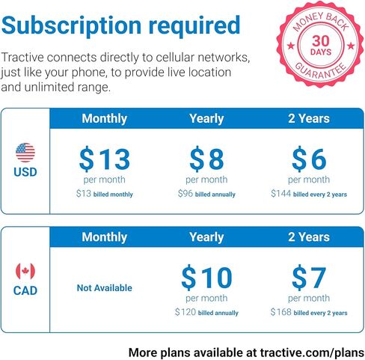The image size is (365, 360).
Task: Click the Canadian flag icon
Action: pyautogui.click(x=25, y=272)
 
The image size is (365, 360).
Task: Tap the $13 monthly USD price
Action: pyautogui.click(x=105, y=159)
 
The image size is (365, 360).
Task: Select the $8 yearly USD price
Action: pyautogui.click(x=206, y=159)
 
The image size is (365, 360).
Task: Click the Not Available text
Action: pyautogui.click(x=105, y=287)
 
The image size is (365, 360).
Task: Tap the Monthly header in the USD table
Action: pyautogui.click(x=105, y=119)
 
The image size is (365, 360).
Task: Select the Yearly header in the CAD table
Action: pyautogui.click(x=206, y=237)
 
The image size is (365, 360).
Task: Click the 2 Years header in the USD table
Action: pyautogui.click(x=309, y=119)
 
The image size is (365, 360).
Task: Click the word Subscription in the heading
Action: pyautogui.click(x=71, y=26)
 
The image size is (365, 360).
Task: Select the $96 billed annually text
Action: pyautogui.click(x=206, y=194)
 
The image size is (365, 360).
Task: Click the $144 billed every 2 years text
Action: pyautogui.click(x=309, y=194)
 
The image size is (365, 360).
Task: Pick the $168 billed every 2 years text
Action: pyautogui.click(x=309, y=312)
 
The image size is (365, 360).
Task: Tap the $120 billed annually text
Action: pyautogui.click(x=206, y=312)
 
